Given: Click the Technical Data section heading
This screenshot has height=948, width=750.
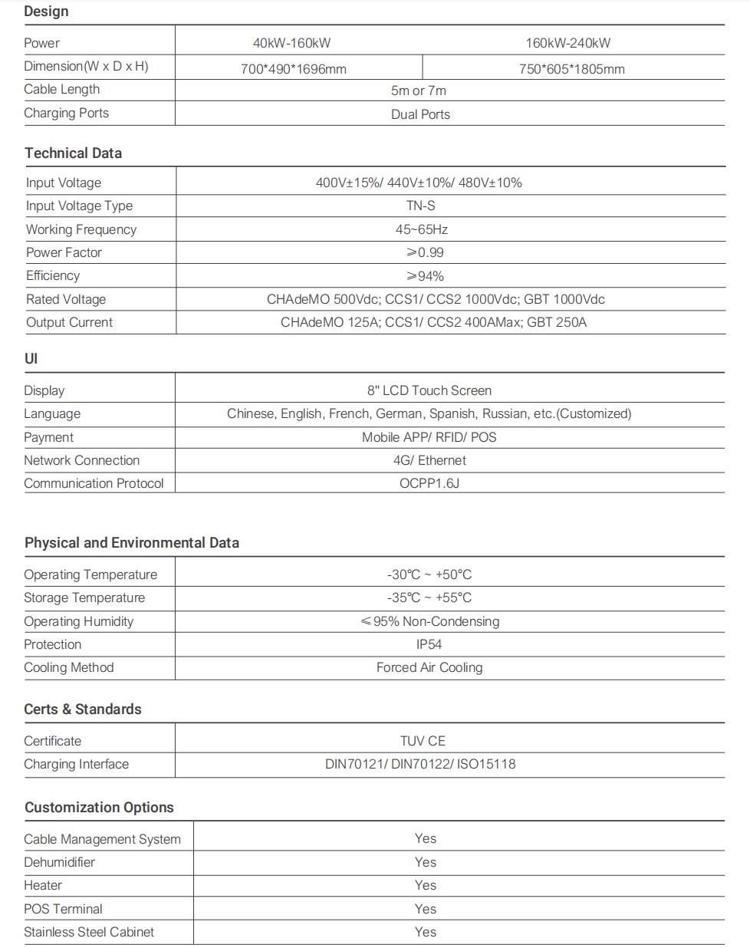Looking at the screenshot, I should (x=73, y=153).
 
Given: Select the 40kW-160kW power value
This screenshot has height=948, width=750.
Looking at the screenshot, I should (x=291, y=43).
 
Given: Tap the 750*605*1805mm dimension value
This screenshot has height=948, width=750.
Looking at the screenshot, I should (x=571, y=69).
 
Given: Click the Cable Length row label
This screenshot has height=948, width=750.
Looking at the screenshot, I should (x=61, y=89).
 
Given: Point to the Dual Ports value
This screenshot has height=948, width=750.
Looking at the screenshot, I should (x=420, y=114).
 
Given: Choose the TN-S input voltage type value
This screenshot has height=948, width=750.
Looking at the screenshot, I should (x=421, y=206).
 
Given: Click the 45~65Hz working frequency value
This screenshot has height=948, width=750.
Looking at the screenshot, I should (x=421, y=229).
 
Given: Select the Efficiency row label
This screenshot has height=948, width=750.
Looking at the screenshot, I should (x=52, y=275).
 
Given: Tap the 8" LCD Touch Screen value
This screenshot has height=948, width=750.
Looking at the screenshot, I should (x=429, y=390).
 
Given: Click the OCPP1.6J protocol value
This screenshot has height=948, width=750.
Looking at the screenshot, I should (x=429, y=483).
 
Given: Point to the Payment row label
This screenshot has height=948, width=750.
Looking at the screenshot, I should (x=48, y=437).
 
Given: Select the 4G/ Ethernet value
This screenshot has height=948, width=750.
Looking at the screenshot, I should (x=429, y=460).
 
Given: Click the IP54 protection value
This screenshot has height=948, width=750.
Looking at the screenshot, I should (x=429, y=644).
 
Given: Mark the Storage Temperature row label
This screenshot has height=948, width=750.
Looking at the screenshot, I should (x=84, y=597).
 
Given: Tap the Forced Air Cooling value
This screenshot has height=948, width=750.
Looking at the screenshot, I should (x=429, y=667).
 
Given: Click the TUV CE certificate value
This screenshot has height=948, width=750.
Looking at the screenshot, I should (x=422, y=741).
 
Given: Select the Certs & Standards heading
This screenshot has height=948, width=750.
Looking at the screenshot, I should (x=82, y=709).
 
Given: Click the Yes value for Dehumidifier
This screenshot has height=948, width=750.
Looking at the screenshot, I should (x=425, y=862).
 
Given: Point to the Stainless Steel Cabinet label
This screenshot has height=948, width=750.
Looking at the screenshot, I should (x=88, y=932).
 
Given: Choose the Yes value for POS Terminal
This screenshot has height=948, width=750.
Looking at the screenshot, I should (x=425, y=909).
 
